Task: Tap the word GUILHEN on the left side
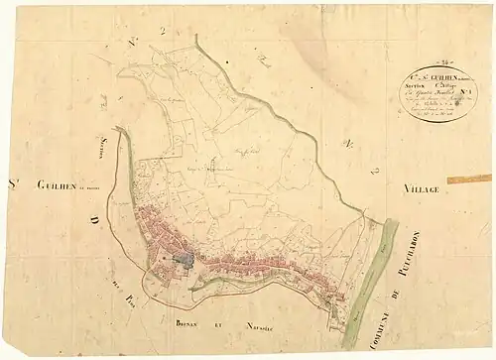click(57, 183)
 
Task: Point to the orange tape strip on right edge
click(468, 180)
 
